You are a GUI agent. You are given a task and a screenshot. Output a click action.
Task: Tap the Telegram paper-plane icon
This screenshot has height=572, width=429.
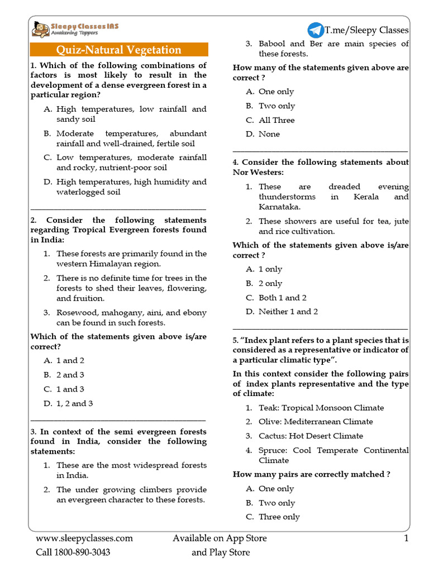point(315,30)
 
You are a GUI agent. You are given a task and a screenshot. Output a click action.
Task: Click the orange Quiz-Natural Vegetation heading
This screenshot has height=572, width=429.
point(120,50)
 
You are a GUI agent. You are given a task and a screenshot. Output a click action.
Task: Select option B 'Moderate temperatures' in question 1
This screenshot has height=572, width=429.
point(131,139)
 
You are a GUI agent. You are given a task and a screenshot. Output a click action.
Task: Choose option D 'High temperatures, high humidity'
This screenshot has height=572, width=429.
point(131,187)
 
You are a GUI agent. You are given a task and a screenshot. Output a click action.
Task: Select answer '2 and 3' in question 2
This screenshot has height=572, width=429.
point(70,375)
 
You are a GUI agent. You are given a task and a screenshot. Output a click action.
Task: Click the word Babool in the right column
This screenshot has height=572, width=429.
point(274,44)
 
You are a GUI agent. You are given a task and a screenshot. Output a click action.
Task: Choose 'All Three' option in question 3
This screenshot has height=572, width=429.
point(277,120)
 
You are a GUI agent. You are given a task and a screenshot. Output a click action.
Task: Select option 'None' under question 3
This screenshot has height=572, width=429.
point(269,134)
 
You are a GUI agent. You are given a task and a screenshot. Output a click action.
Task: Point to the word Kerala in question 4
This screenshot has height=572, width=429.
point(366,197)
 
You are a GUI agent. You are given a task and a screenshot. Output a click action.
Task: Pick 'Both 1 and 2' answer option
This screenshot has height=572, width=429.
point(282,298)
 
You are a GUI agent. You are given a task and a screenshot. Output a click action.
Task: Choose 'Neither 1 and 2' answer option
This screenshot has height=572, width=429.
point(288,312)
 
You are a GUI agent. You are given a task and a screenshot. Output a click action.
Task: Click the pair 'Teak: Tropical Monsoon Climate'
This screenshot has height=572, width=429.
point(321,408)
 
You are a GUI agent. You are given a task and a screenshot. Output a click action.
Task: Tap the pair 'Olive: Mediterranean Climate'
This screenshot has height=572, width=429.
point(316,422)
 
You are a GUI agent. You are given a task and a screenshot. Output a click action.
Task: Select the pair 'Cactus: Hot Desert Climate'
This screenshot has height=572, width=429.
point(311,436)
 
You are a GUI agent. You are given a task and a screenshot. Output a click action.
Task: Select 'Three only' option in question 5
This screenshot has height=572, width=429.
point(279,517)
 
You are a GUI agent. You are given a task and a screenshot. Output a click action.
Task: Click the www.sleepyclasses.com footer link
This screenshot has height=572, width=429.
point(84,538)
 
